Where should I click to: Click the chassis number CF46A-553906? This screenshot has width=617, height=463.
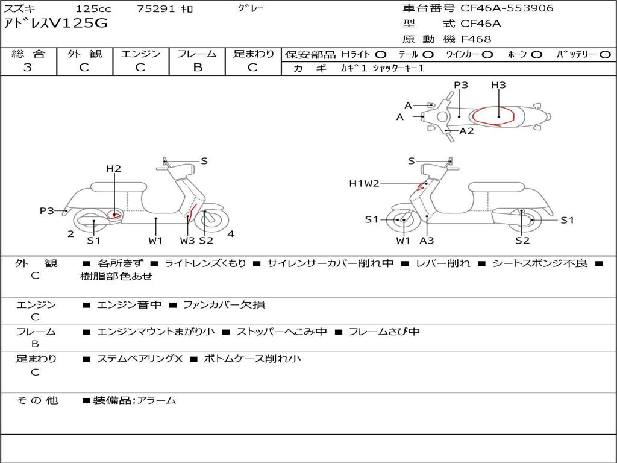[x=507, y=8]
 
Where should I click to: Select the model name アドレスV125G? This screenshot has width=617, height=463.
[x=55, y=24]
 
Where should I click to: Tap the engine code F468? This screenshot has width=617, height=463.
[x=476, y=39]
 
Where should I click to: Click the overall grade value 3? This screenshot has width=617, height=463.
[x=28, y=68]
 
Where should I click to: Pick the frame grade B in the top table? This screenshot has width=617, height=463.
[x=198, y=68]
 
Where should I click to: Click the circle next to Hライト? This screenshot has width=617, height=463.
[x=381, y=55]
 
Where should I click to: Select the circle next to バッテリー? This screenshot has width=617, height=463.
[x=605, y=55]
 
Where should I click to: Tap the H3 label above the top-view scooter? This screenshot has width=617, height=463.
[x=498, y=84]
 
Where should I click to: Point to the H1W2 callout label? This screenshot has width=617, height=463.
[x=364, y=183]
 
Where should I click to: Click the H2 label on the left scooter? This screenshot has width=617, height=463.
[x=114, y=169]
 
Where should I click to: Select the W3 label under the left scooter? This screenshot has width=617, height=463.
[x=187, y=240]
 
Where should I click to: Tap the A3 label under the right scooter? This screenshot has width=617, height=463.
[x=427, y=240]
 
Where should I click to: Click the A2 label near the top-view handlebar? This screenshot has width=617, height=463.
[x=467, y=131]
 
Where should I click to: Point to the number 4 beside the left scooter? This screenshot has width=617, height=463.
[x=231, y=234]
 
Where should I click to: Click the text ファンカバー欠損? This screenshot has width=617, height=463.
[x=224, y=304]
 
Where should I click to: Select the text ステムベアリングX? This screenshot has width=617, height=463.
[x=140, y=359]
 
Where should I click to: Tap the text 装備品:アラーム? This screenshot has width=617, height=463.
[x=134, y=400]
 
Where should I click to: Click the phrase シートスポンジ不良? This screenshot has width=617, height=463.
[x=540, y=263]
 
